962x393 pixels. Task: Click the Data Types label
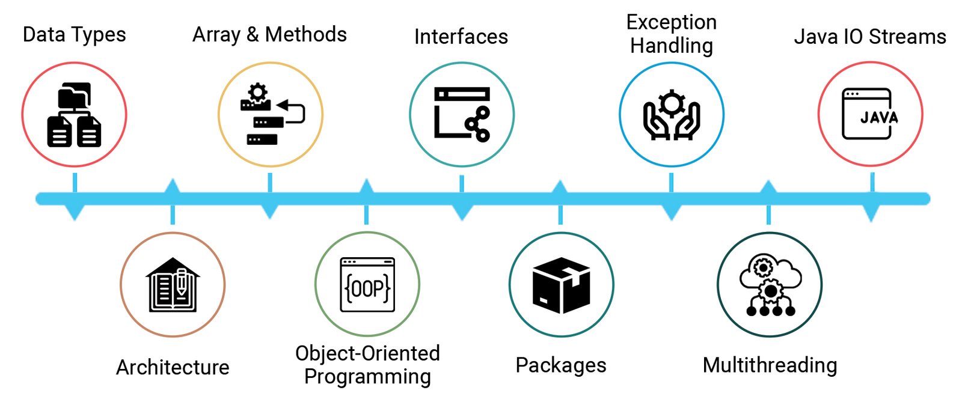tap(74, 35)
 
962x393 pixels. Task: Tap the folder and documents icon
tap(74, 115)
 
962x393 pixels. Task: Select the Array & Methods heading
tap(269, 35)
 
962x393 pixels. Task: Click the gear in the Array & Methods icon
tap(257, 93)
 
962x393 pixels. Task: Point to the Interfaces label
tap(461, 37)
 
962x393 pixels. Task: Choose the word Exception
tap(671, 22)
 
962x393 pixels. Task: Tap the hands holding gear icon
tap(672, 115)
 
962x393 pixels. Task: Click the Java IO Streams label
tap(870, 37)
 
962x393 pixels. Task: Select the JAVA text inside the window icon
tap(878, 117)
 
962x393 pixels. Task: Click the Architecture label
tap(173, 367)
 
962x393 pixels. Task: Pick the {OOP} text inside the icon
tap(367, 288)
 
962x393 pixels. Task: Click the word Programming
tap(367, 377)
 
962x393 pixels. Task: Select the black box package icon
tap(561, 285)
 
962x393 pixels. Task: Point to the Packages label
tap(561, 365)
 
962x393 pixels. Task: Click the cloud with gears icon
tap(770, 285)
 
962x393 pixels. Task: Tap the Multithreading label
tap(770, 365)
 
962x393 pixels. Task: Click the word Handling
tap(671, 46)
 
